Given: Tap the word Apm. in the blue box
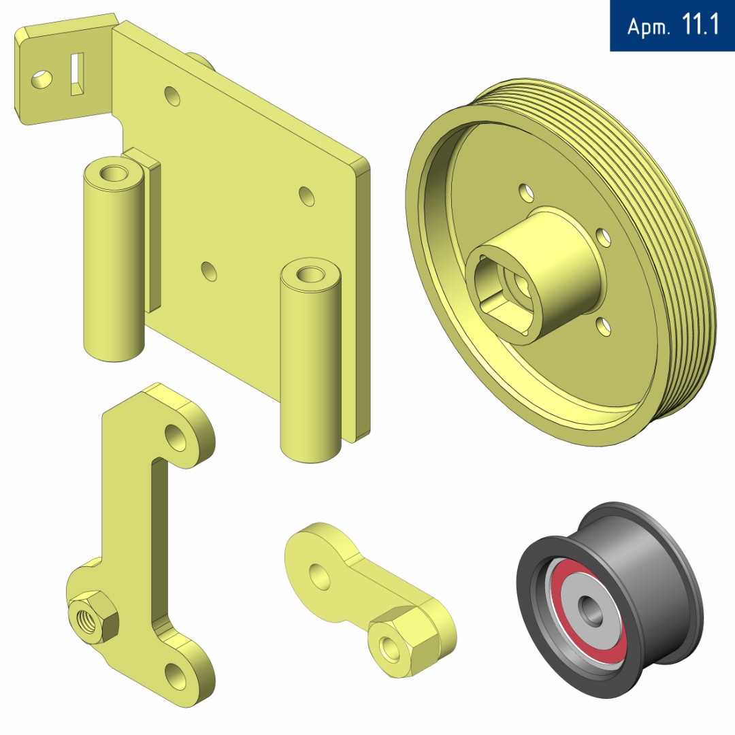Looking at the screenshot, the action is click(649, 27).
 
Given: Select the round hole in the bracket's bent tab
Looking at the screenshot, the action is click(42, 79).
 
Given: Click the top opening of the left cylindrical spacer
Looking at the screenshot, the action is click(114, 174).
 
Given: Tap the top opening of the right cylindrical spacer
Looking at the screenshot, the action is click(310, 274).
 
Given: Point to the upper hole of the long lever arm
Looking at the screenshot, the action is click(176, 438).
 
